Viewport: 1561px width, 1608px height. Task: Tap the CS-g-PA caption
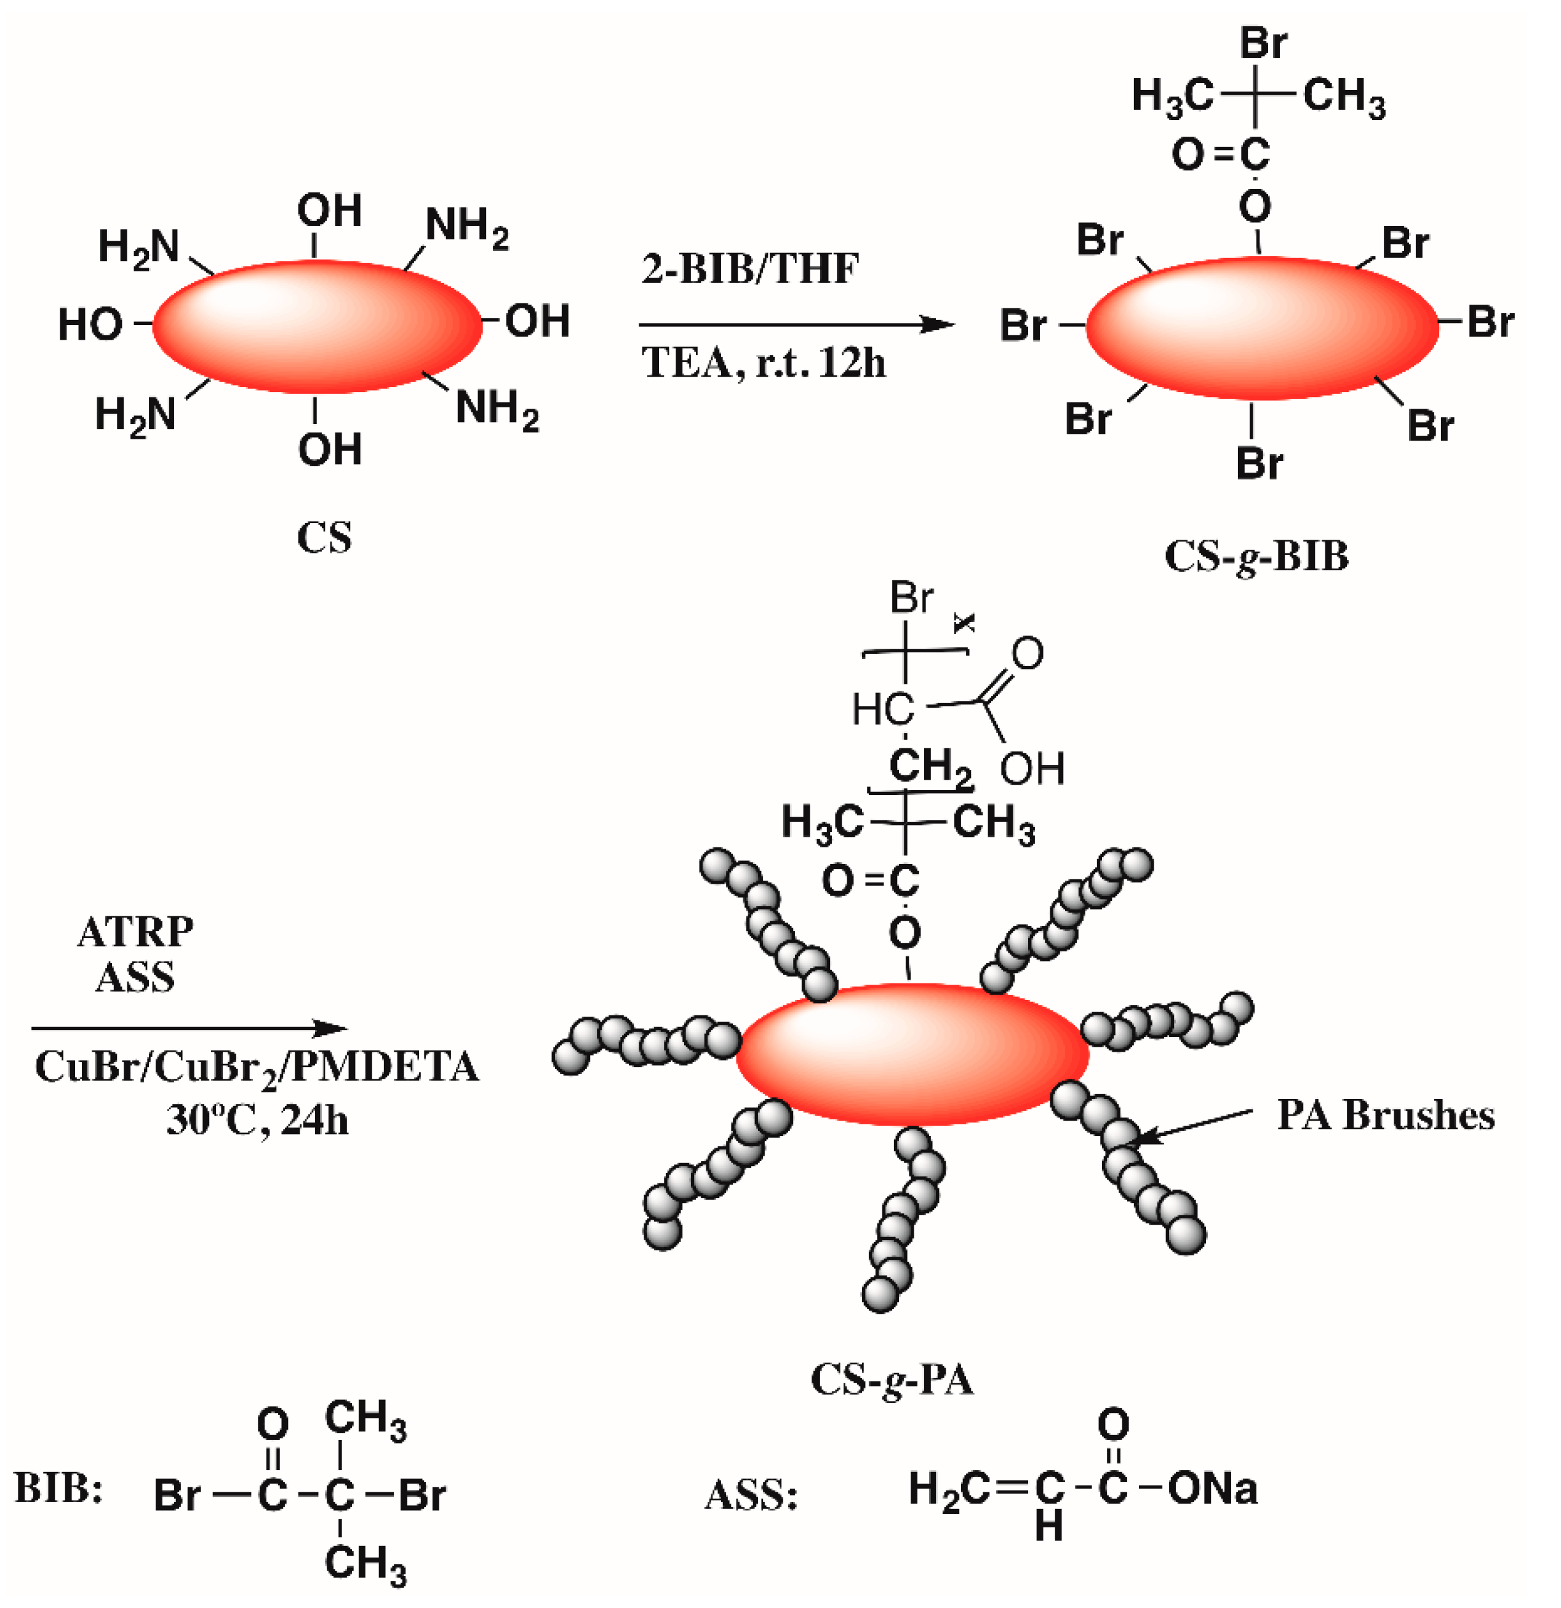click(892, 1379)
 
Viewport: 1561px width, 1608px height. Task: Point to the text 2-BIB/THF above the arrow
click(750, 268)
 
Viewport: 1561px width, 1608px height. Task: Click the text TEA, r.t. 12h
click(763, 362)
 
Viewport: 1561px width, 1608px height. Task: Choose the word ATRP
click(135, 931)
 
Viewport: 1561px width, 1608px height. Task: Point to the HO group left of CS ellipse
click(90, 325)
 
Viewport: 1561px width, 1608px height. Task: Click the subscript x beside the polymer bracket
click(965, 625)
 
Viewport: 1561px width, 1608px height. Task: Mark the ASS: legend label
click(751, 1495)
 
